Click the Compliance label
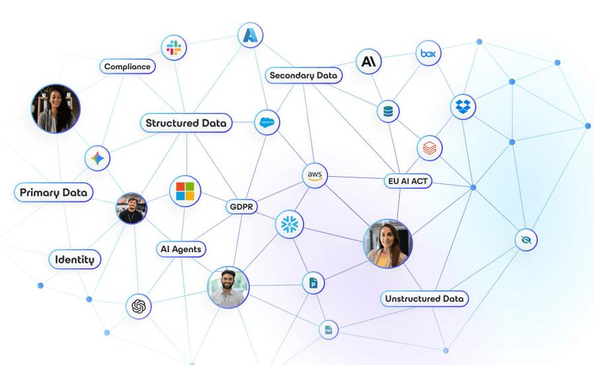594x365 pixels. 127,67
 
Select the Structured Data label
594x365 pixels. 186,123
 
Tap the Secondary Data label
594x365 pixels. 304,75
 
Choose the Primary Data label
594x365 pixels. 53,193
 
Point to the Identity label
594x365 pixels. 75,259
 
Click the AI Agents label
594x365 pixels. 181,249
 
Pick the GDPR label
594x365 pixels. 242,207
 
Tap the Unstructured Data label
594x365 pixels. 424,298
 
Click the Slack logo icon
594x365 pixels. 174,48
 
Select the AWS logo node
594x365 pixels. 315,176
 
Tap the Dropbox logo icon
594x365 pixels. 463,106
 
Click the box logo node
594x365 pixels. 428,53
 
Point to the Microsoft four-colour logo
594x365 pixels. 185,191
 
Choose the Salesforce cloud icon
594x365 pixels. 267,122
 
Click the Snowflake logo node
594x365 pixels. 289,225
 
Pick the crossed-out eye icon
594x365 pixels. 526,239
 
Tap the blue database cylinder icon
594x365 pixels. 387,112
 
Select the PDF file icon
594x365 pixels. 328,329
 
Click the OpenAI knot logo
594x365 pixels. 138,306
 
